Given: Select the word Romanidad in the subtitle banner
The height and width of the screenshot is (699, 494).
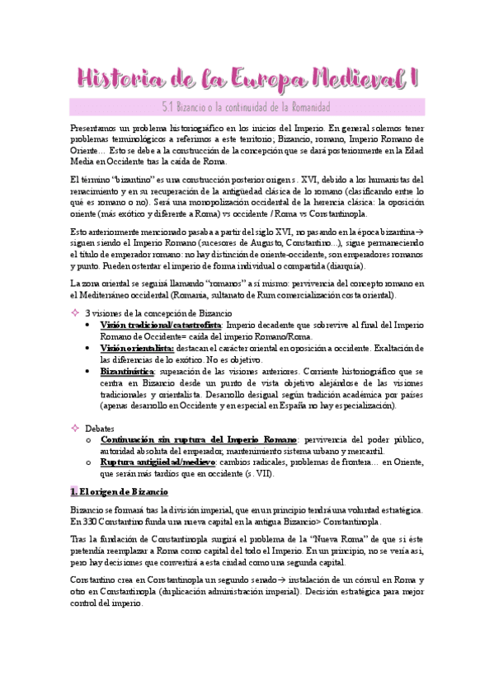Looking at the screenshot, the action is pyautogui.click(x=302, y=107).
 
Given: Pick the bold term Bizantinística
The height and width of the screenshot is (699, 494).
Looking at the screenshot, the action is pyautogui.click(x=132, y=373).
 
